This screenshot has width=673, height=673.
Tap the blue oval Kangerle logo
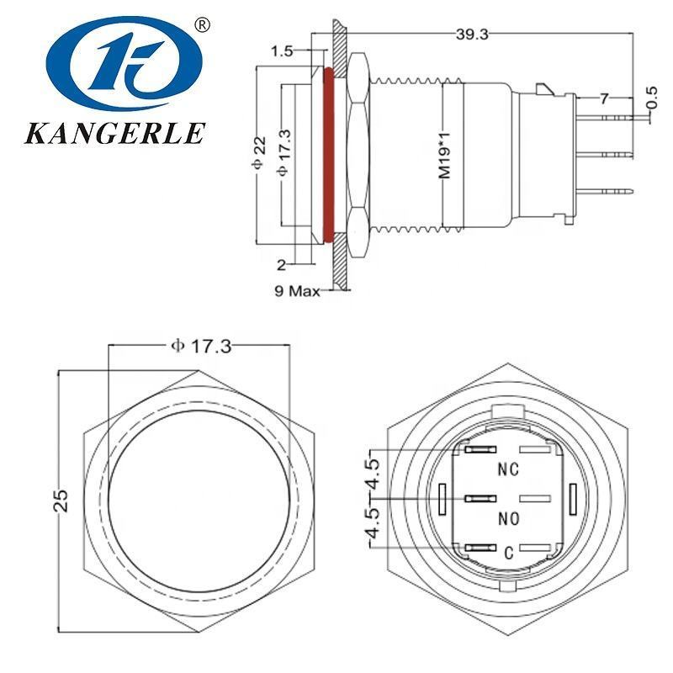point(125,66)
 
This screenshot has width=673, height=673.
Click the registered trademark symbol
point(201,26)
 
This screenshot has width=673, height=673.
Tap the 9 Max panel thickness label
point(299,291)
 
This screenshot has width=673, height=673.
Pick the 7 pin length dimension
point(605,99)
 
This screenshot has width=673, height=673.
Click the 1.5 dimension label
point(283,52)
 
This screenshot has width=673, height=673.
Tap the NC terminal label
point(508,469)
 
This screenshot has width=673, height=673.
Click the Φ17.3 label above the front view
point(200,346)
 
